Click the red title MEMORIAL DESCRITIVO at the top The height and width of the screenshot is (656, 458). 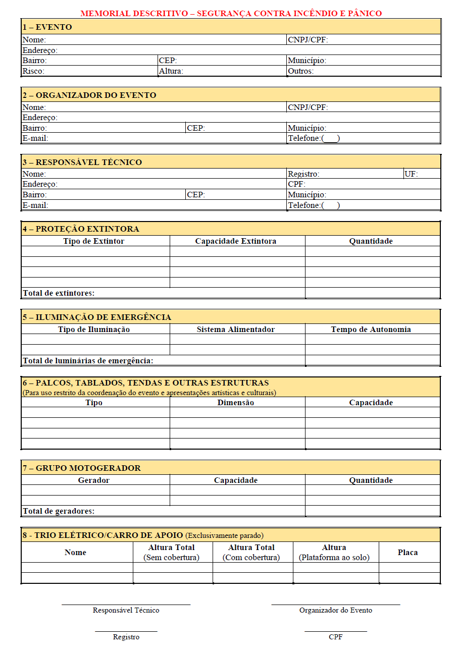click(x=231, y=13)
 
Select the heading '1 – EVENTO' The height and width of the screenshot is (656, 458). click(x=47, y=27)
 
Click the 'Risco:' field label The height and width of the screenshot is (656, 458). click(x=33, y=71)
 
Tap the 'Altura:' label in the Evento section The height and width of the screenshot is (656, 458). click(x=171, y=71)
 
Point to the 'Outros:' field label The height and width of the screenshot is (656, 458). click(x=300, y=71)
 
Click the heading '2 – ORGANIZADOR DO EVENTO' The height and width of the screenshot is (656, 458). click(x=89, y=95)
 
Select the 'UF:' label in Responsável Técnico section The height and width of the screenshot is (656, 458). click(x=412, y=174)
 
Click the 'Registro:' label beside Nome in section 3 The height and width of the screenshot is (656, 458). click(x=303, y=174)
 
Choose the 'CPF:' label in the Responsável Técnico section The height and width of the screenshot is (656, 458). click(x=296, y=184)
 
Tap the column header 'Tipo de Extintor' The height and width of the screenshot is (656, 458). click(x=94, y=241)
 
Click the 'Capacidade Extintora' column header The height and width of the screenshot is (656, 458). click(x=236, y=241)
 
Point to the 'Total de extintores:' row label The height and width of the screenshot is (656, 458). click(x=59, y=293)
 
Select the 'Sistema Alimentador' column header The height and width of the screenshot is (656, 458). click(x=236, y=330)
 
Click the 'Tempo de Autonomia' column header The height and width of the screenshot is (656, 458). click(x=371, y=330)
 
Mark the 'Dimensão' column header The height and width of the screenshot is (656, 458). click(x=236, y=403)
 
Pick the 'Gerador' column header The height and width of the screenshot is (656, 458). click(x=94, y=480)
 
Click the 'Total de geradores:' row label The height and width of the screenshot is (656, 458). click(x=59, y=511)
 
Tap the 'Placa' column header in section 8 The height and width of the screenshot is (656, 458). click(x=408, y=553)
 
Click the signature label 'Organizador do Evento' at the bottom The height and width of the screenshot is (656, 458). click(x=336, y=610)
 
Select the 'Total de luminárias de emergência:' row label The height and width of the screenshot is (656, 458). click(x=88, y=361)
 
